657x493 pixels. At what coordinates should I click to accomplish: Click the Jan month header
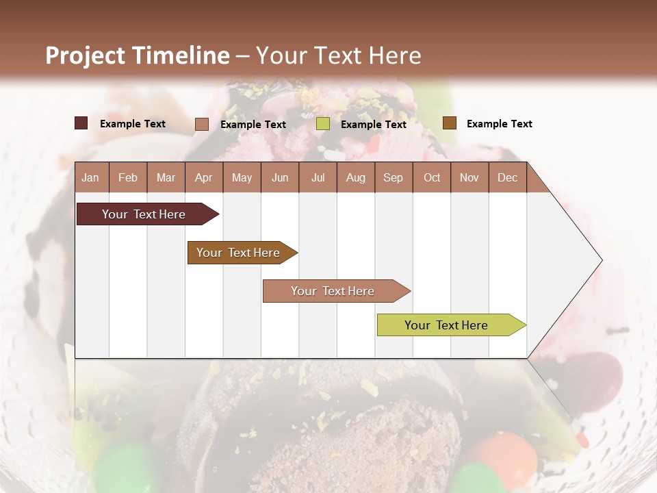[90, 178]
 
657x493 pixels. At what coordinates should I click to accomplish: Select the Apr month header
[203, 178]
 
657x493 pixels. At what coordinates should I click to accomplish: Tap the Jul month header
[318, 178]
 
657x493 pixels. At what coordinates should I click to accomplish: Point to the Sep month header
[393, 178]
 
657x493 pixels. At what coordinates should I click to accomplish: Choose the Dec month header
[507, 178]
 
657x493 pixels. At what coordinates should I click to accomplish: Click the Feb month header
[128, 178]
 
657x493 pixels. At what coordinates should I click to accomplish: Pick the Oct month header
[432, 178]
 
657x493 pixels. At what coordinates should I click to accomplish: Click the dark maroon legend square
[81, 123]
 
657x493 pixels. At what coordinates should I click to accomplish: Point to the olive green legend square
[323, 124]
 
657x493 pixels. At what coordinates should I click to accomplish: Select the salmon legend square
[202, 124]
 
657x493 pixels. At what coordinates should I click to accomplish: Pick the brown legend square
[450, 123]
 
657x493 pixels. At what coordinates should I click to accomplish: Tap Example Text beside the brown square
[499, 124]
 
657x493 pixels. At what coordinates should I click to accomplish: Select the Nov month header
[469, 178]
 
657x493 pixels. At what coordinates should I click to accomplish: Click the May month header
[242, 178]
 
